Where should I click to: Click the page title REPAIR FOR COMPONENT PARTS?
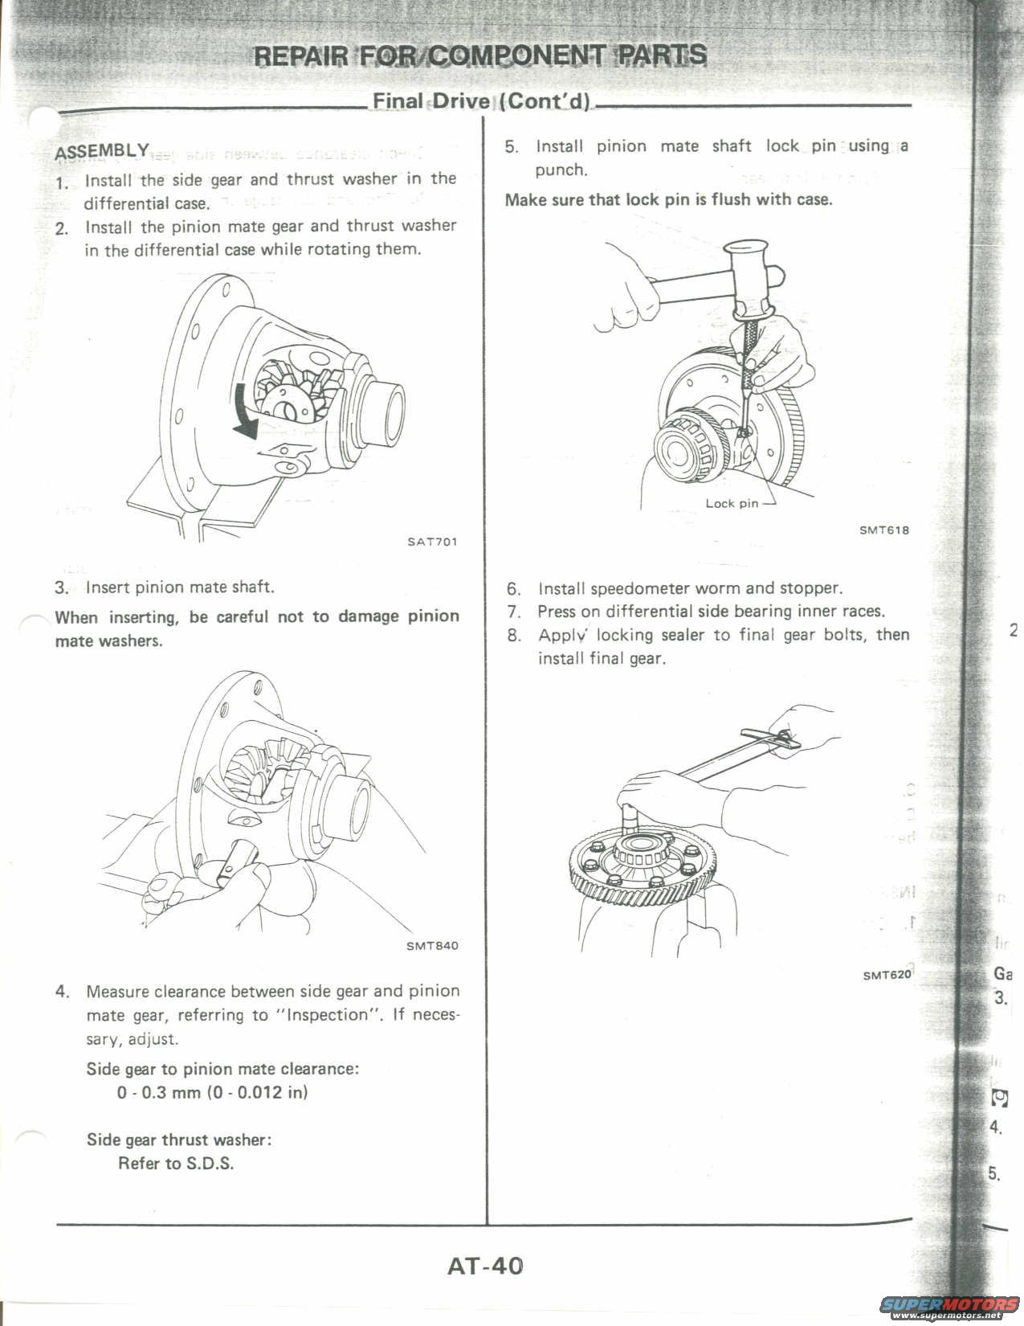coord(480,55)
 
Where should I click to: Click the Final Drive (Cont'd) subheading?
coord(480,102)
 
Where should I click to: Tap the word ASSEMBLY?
coord(102,151)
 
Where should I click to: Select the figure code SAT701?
coord(432,542)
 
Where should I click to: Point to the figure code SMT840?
coord(432,946)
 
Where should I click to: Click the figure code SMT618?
coord(884,530)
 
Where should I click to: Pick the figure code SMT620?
coord(887,976)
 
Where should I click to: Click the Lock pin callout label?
coord(732,504)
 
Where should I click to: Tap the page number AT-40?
coord(485,1267)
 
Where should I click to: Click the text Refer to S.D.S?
coord(176,1164)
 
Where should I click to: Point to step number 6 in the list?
coord(514,589)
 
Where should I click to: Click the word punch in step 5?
coord(559,170)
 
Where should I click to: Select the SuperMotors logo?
coord(953,1304)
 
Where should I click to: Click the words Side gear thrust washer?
coord(179,1140)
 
